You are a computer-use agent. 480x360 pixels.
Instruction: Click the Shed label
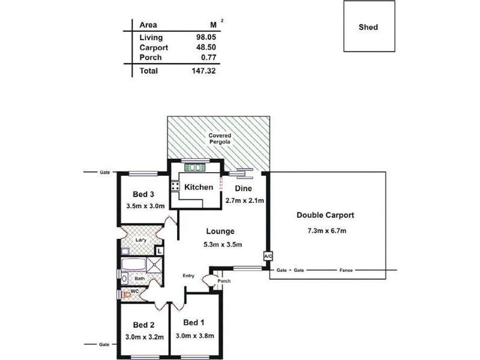368,27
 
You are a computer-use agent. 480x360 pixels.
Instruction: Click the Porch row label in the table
149,58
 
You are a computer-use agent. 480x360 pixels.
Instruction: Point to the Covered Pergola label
219,139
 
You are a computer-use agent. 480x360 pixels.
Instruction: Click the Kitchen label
199,187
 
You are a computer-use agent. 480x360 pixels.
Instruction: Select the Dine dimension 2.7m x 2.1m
245,200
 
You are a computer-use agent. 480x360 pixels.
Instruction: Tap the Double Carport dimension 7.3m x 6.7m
325,231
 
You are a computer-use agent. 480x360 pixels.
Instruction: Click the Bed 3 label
144,194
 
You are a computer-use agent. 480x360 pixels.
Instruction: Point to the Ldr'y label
142,241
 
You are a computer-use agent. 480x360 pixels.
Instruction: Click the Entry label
188,275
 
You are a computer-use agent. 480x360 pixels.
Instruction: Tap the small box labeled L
160,250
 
